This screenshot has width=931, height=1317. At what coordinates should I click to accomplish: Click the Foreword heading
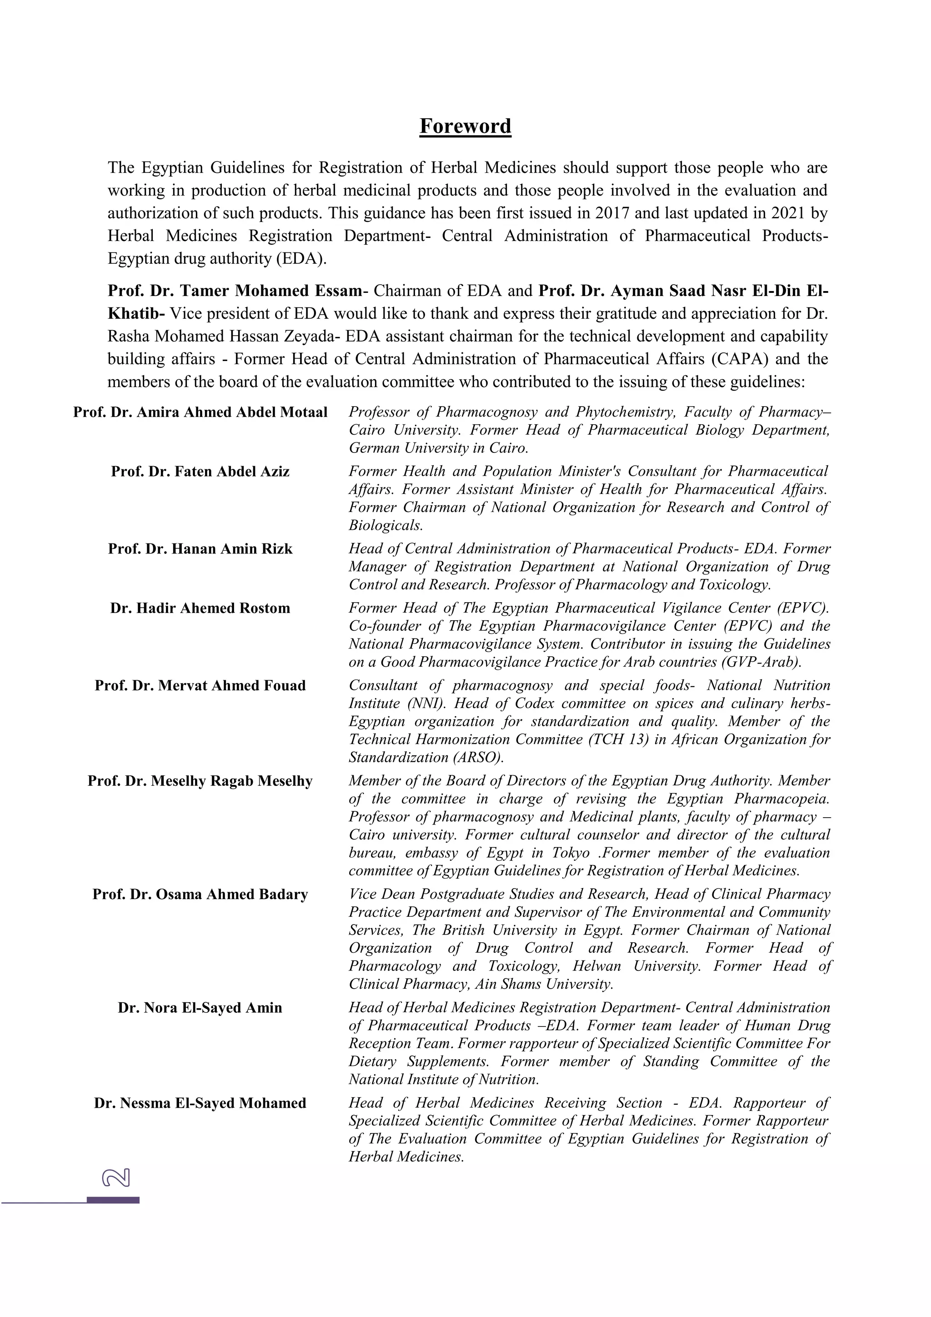tap(465, 126)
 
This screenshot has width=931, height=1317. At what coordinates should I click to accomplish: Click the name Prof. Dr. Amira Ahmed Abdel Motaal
tap(200, 412)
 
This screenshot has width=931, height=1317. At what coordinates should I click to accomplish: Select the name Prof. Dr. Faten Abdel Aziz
tap(200, 472)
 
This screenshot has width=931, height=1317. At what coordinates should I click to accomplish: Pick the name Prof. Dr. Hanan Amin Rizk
tap(200, 549)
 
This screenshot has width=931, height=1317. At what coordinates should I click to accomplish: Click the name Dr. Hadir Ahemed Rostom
tap(200, 608)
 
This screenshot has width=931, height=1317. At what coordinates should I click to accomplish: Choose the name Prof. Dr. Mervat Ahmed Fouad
tap(200, 685)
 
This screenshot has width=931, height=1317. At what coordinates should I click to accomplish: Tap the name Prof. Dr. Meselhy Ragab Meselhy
tap(200, 781)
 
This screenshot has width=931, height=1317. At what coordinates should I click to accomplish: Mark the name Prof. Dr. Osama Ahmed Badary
tap(200, 894)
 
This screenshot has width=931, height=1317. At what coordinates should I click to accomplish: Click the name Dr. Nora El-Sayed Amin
tap(200, 1008)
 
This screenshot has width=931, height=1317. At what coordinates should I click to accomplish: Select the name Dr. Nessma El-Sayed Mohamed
tap(200, 1103)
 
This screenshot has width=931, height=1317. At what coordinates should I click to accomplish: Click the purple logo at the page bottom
tap(116, 1178)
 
